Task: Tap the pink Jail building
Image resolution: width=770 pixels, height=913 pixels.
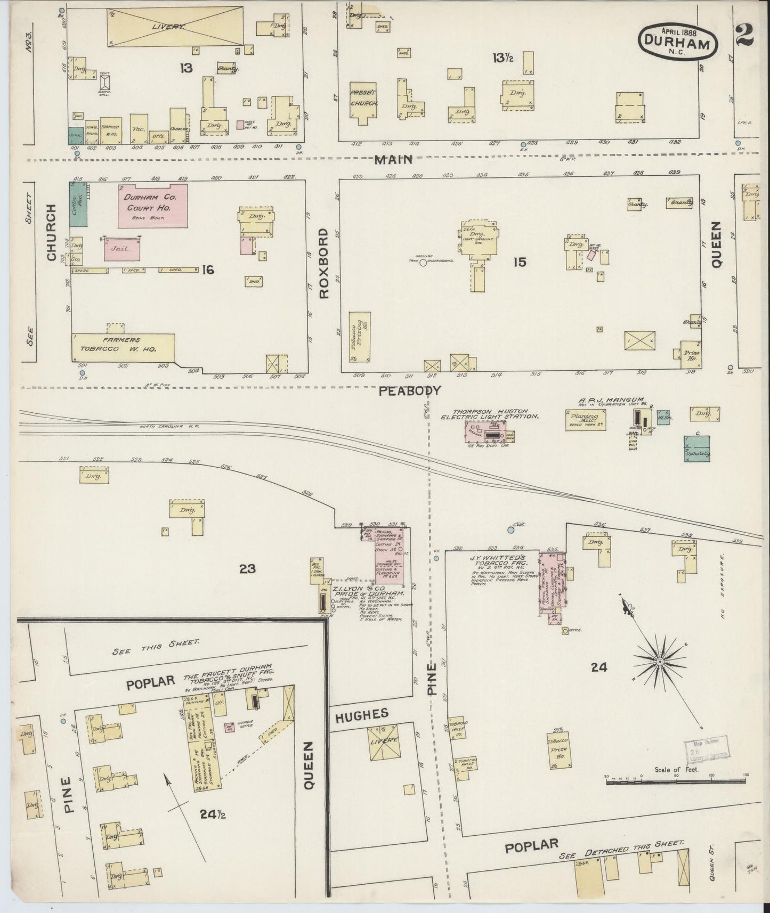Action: pyautogui.click(x=122, y=249)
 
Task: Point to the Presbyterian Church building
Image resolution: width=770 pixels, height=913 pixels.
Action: pyautogui.click(x=363, y=102)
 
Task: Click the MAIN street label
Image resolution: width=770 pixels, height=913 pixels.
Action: pyautogui.click(x=394, y=159)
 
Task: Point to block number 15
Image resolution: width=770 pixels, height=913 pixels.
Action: pyautogui.click(x=520, y=262)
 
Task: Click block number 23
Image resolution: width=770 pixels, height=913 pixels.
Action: pyautogui.click(x=247, y=569)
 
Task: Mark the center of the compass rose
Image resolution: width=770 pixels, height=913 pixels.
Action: pyautogui.click(x=660, y=662)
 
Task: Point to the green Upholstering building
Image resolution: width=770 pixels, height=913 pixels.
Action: pyautogui.click(x=697, y=448)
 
